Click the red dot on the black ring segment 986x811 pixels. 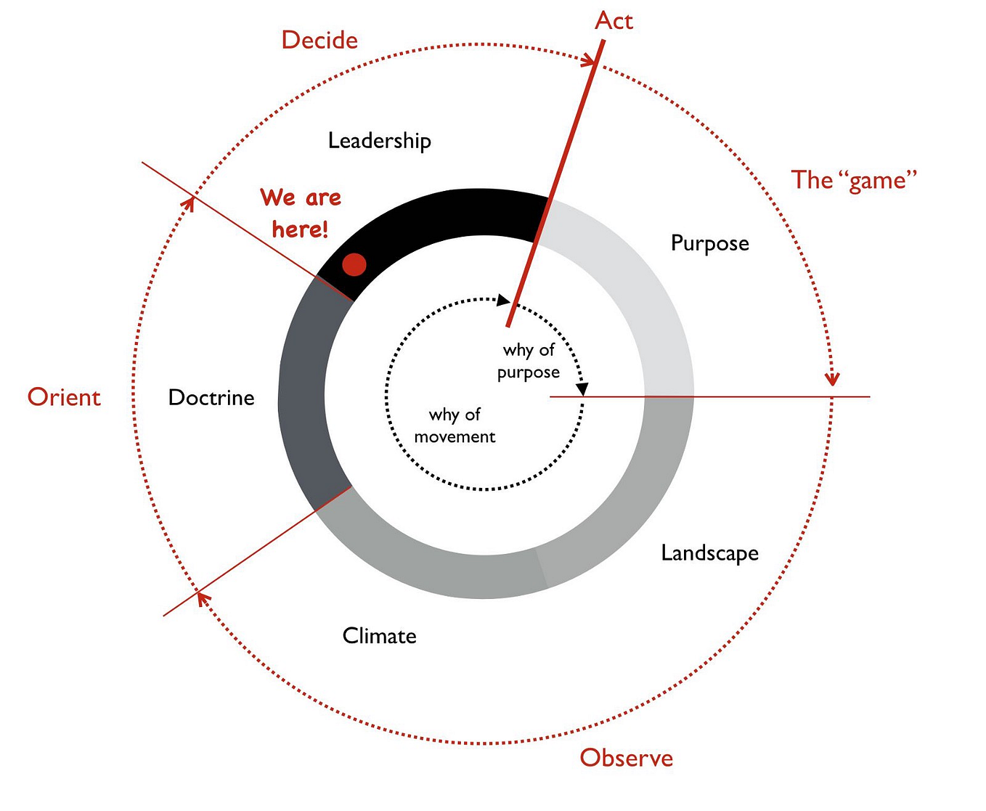[354, 264]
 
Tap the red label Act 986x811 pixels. [614, 21]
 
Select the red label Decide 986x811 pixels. [319, 40]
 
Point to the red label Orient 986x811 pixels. [64, 397]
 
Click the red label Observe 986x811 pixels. [626, 758]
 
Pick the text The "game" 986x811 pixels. [854, 180]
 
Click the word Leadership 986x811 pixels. [379, 140]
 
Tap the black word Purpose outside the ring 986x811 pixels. [709, 243]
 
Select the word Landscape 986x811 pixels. [709, 553]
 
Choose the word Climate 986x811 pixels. [379, 636]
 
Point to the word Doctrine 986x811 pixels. [211, 397]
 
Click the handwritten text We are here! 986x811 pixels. [301, 213]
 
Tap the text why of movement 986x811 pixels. [455, 425]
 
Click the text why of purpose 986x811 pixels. [529, 361]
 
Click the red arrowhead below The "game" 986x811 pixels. [833, 378]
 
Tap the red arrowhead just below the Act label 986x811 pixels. [588, 61]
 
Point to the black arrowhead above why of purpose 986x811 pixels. [503, 300]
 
